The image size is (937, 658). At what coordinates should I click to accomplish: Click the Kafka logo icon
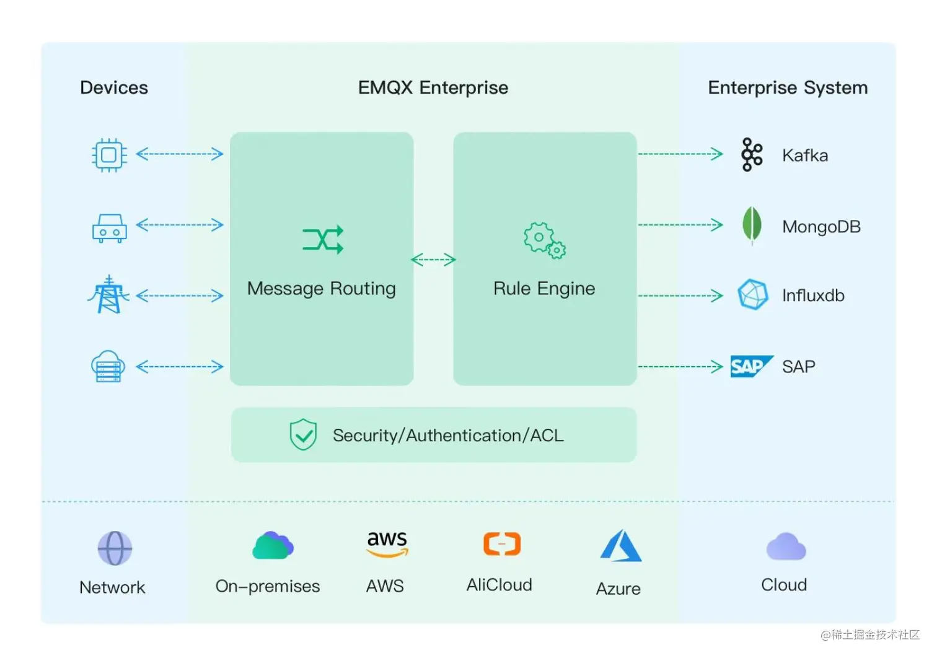752,154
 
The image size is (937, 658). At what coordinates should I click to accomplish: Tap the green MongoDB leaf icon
752,225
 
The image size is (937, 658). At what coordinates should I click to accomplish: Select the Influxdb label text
812,296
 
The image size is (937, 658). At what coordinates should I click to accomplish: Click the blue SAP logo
750,366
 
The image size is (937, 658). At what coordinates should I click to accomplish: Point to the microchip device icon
109,154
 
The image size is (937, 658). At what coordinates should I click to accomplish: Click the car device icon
110,228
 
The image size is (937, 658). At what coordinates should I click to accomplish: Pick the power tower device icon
109,295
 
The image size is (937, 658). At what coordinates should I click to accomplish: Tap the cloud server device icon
108,366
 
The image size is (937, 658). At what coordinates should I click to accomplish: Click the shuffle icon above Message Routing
323,240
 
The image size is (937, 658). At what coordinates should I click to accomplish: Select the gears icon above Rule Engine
544,240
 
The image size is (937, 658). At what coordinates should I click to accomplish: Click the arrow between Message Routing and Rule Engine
433,260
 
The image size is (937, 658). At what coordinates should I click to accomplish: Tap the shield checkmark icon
304,434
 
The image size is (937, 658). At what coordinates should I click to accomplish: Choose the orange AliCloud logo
502,544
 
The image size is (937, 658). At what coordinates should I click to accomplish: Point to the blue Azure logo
620,546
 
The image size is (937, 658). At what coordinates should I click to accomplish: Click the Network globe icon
115,548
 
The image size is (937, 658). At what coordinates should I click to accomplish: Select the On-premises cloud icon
273,546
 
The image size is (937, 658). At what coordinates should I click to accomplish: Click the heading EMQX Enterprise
433,87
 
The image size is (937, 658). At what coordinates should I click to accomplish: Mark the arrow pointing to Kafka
680,154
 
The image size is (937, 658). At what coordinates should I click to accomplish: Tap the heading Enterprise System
788,87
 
